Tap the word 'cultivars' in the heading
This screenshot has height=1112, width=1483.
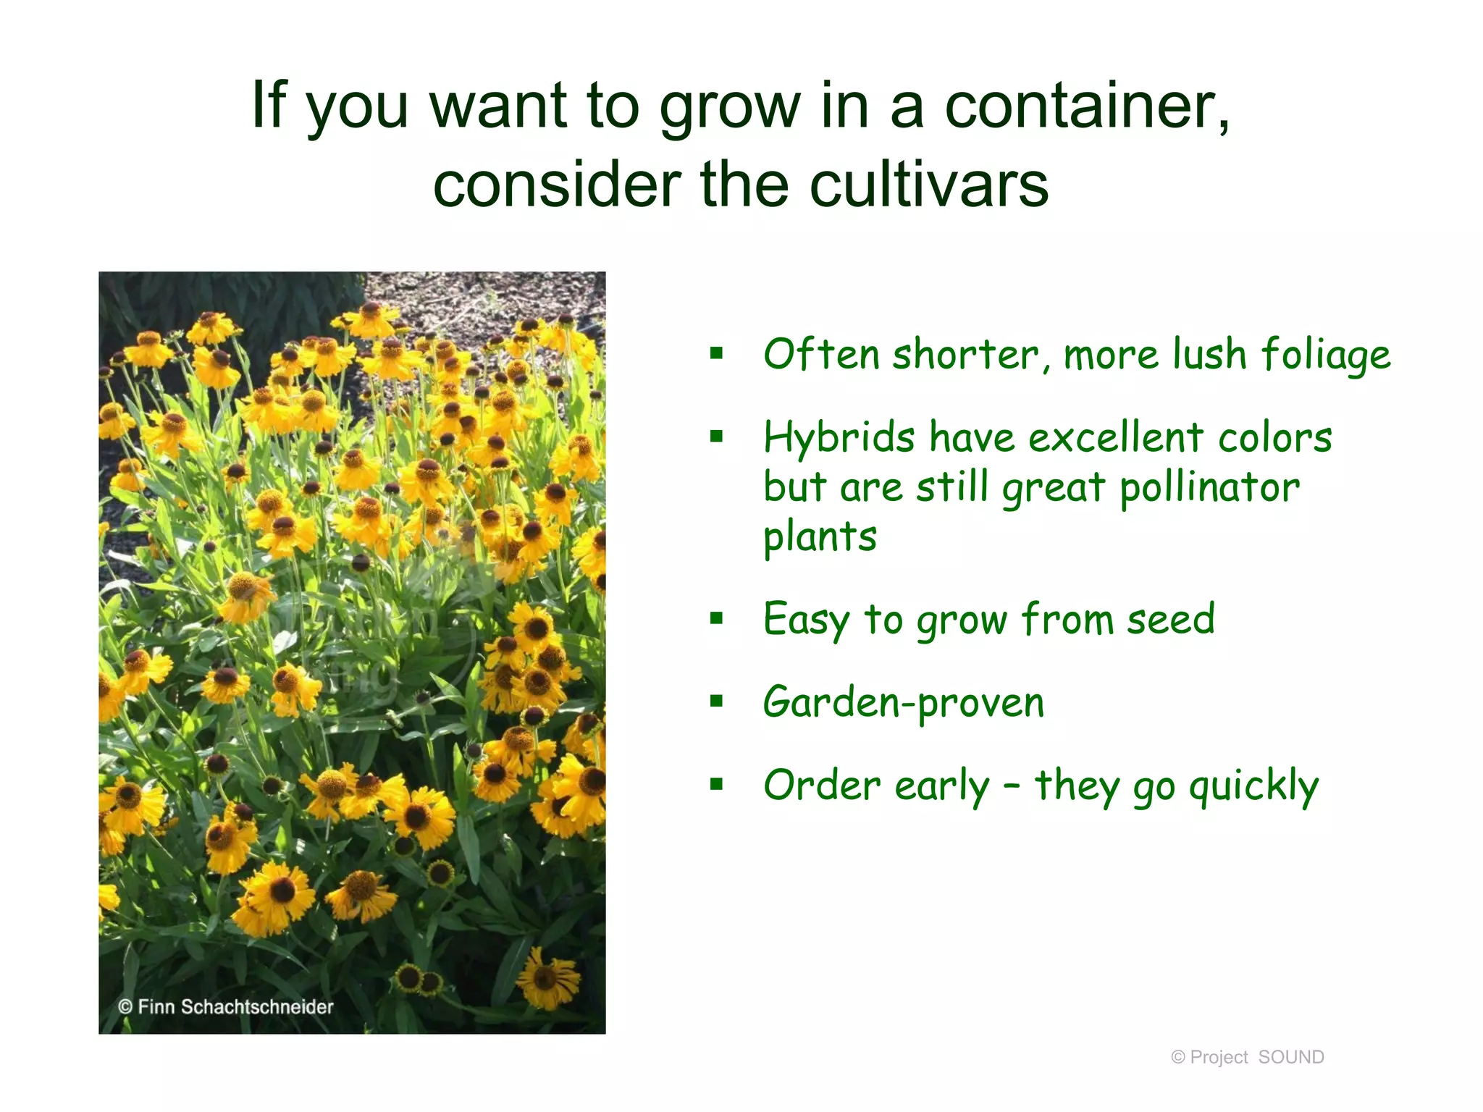tap(928, 185)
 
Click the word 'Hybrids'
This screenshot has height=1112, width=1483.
tap(839, 439)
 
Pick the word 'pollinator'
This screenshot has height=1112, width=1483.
tap(1209, 487)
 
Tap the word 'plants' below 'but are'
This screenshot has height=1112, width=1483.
tap(820, 537)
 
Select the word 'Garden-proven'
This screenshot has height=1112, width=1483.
tap(903, 703)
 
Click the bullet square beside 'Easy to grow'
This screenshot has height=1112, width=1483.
tap(717, 618)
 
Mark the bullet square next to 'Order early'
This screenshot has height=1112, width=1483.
tap(717, 783)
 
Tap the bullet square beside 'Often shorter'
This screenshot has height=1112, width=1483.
tap(717, 353)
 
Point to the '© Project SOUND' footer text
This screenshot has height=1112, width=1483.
tap(1247, 1057)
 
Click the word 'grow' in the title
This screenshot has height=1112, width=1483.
tap(729, 106)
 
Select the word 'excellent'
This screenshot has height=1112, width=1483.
tap(1115, 439)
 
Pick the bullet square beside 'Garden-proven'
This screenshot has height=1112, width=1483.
tap(717, 700)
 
